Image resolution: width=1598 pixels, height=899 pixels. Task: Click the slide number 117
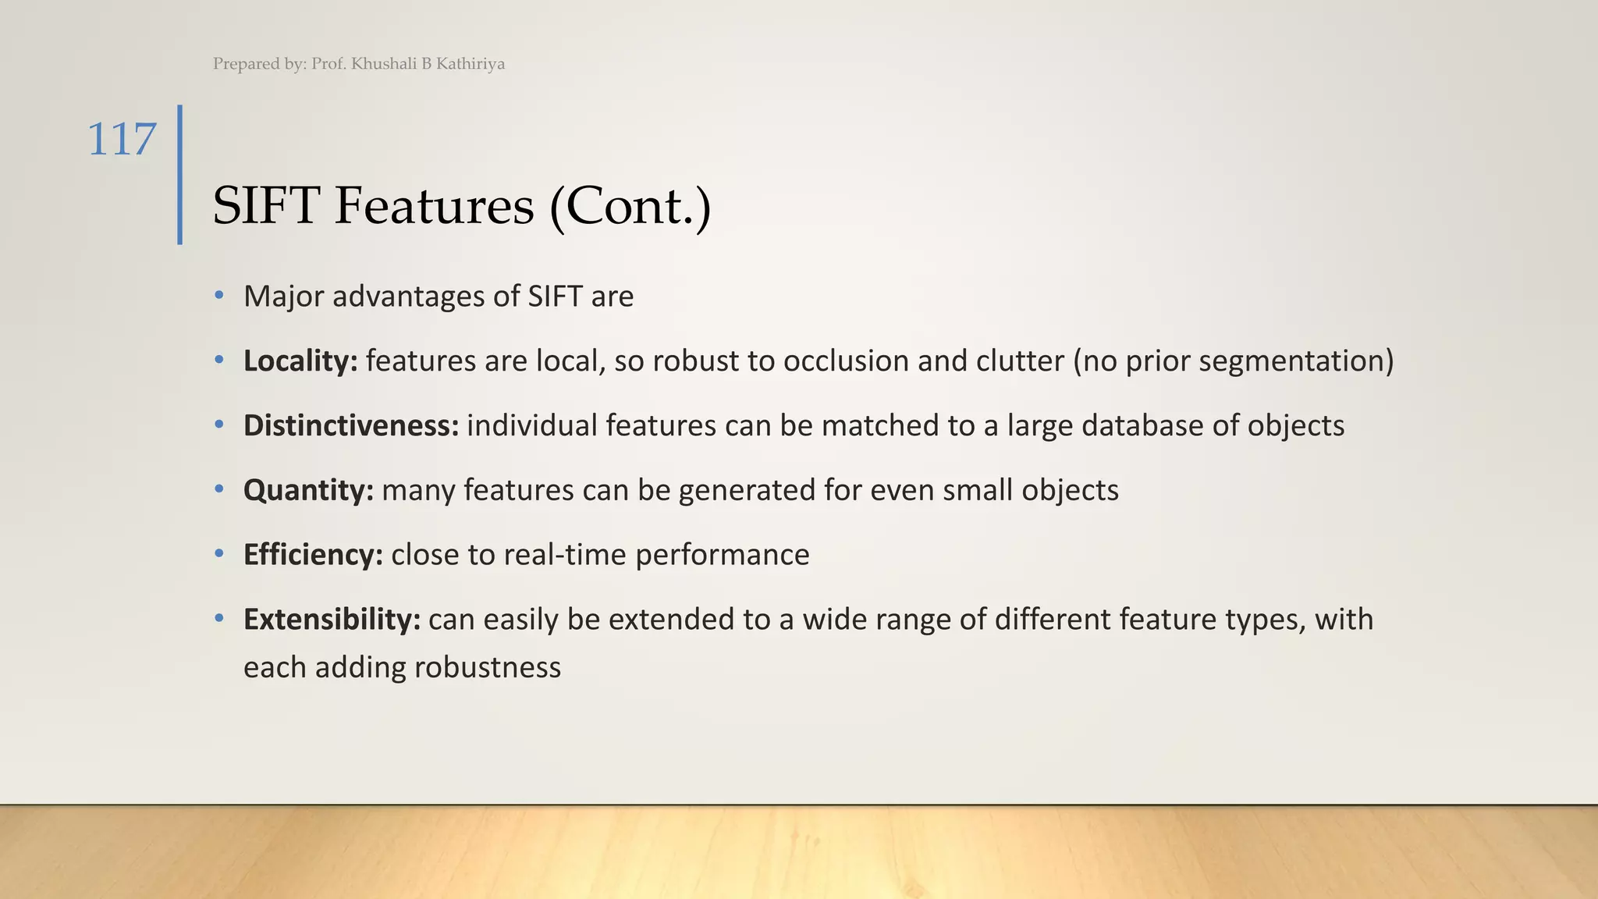[x=122, y=140]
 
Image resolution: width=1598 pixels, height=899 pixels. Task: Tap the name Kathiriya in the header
[x=470, y=64]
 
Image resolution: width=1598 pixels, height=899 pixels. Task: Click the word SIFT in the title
[x=266, y=206]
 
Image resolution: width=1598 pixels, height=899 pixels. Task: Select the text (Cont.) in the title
[x=630, y=206]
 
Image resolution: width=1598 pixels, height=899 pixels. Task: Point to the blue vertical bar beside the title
[x=180, y=175]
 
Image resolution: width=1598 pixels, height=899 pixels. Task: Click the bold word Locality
[x=300, y=361]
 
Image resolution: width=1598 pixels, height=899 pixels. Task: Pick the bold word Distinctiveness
[x=350, y=425]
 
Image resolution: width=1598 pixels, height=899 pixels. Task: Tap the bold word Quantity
[x=308, y=490]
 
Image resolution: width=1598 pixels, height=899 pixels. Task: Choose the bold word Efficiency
[x=313, y=555]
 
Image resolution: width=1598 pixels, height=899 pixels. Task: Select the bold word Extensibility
[x=332, y=620]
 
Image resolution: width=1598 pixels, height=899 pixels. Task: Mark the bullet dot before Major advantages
[x=219, y=296]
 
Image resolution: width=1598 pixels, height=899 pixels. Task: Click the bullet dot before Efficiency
[x=219, y=554]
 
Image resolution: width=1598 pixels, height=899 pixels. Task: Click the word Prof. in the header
[x=328, y=64]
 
